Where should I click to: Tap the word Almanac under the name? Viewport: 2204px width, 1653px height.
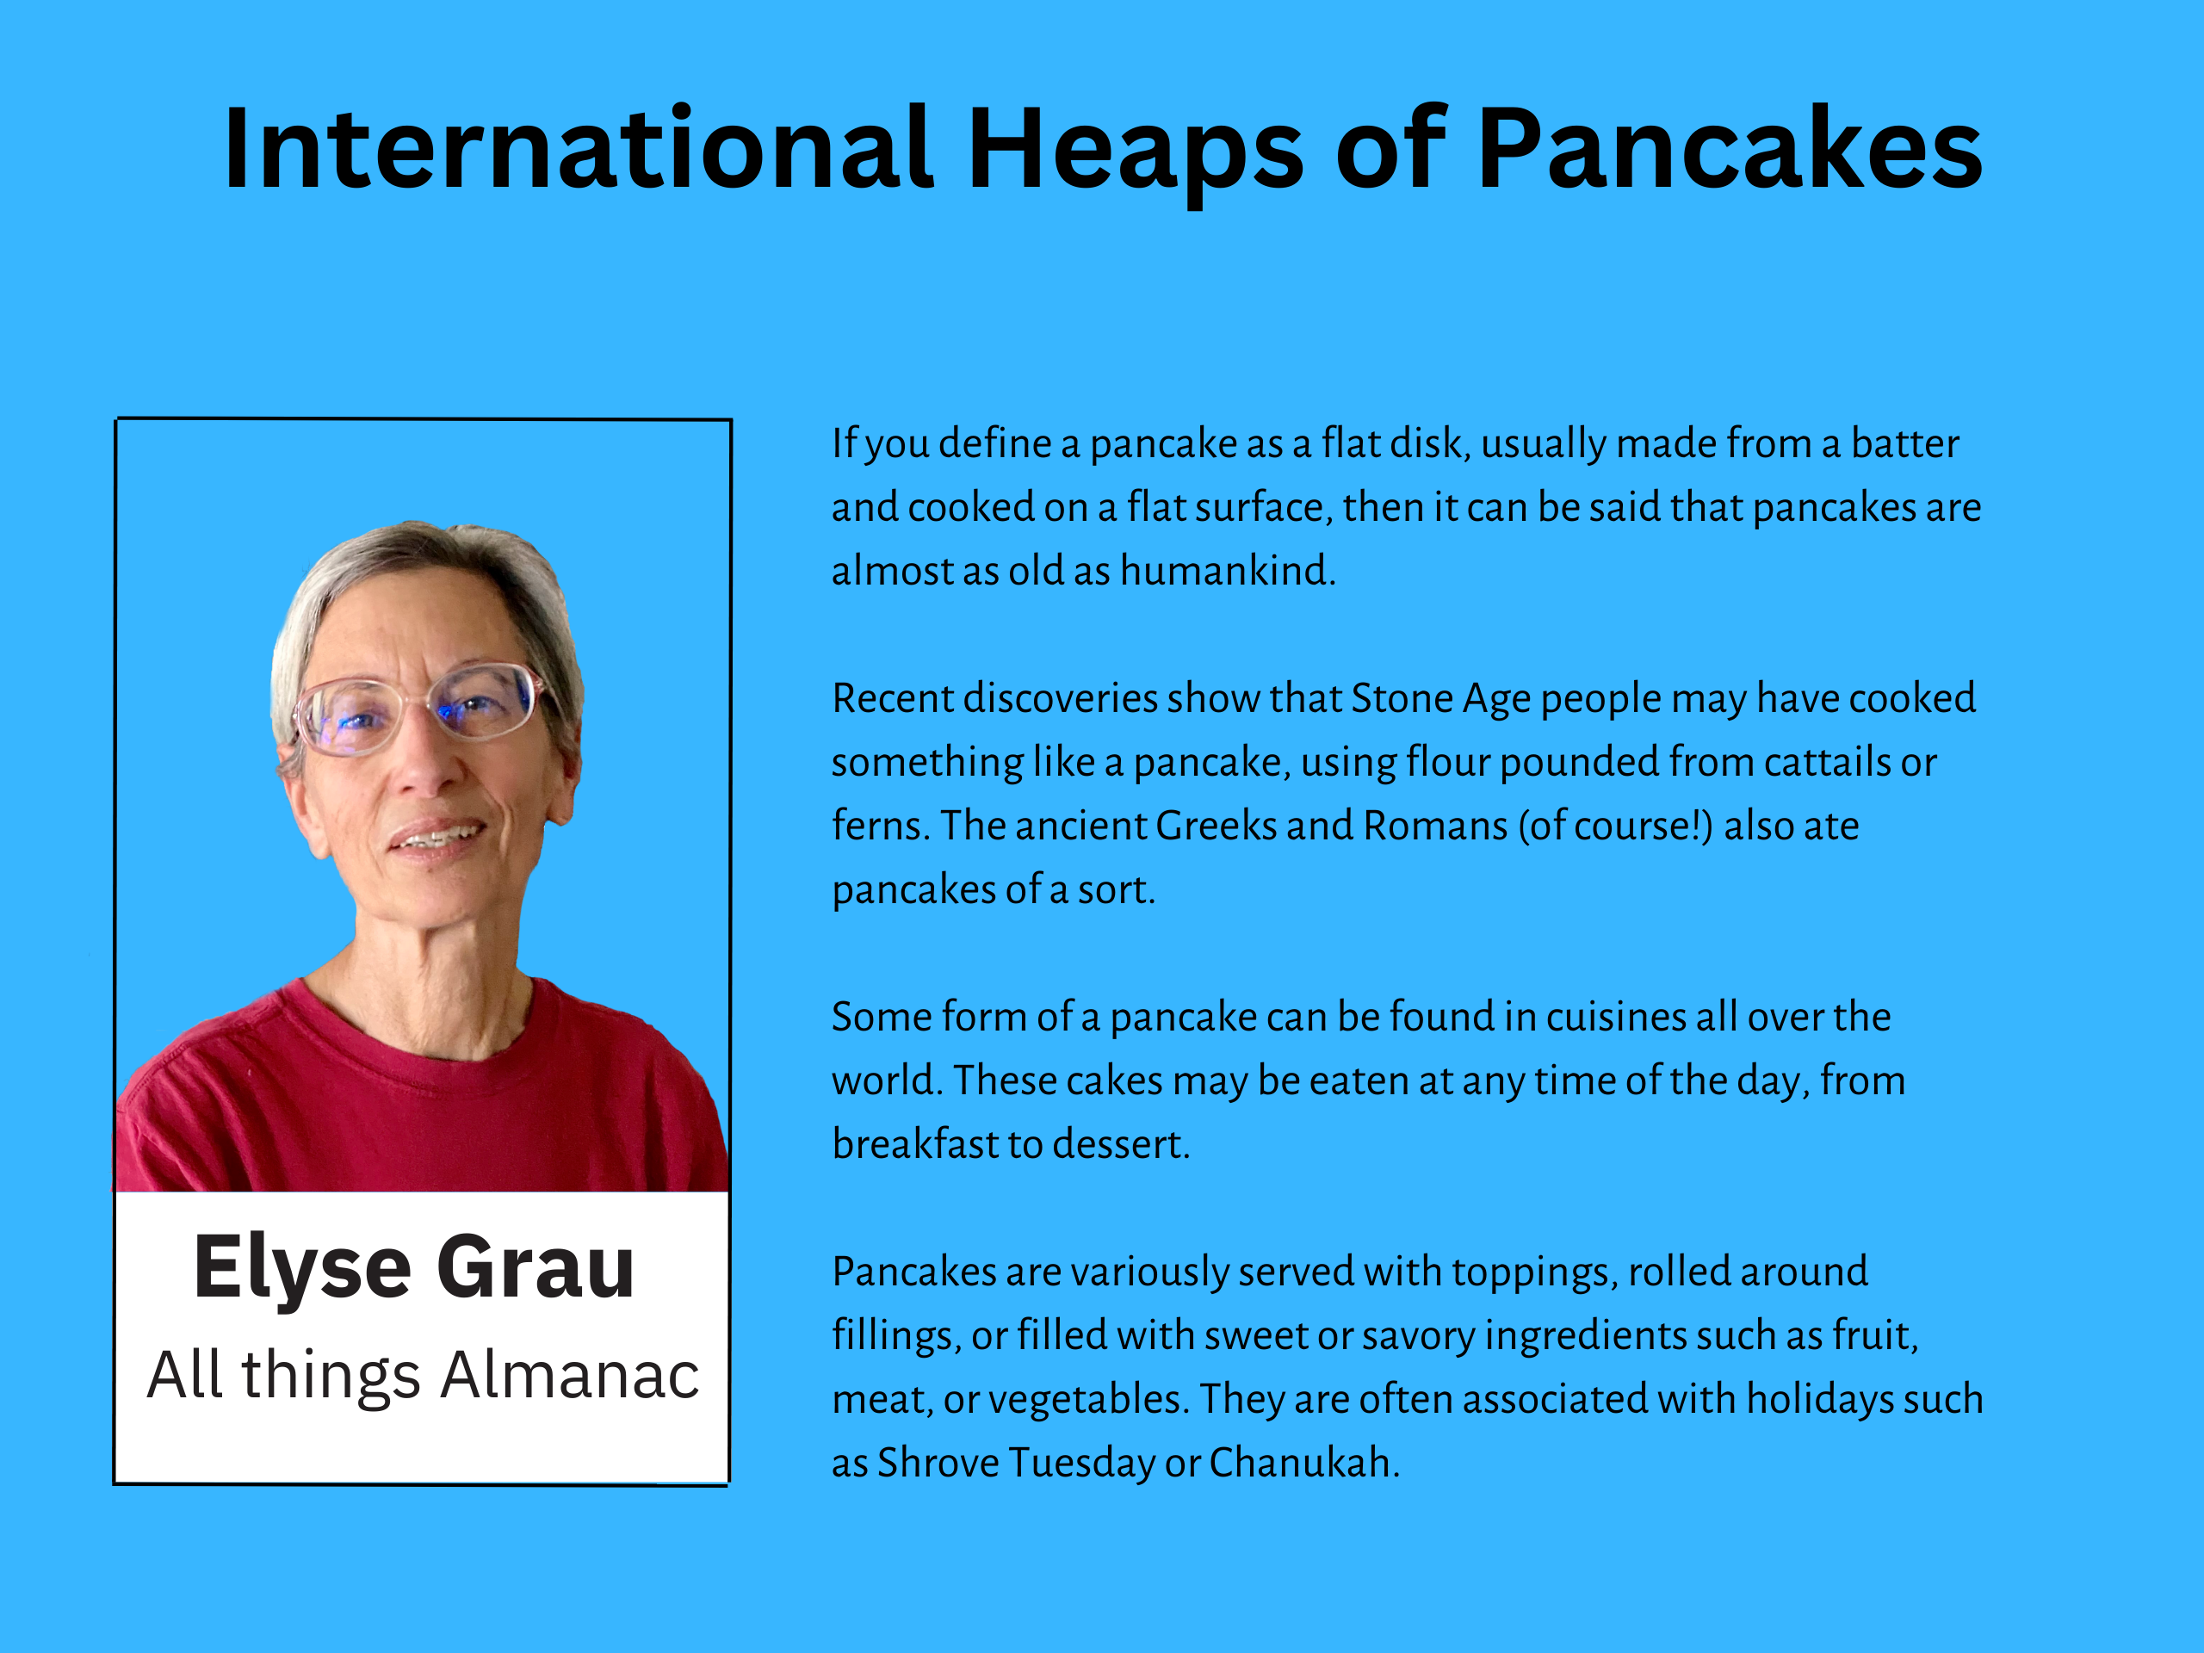pyautogui.click(x=570, y=1375)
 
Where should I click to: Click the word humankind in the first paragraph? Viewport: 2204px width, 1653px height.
pyautogui.click(x=1228, y=571)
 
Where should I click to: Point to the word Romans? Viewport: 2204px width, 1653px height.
pyautogui.click(x=1435, y=826)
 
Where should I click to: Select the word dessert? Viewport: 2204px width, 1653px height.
pyautogui.click(x=1121, y=1145)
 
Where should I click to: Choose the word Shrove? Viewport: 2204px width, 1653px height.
pyautogui.click(x=937, y=1463)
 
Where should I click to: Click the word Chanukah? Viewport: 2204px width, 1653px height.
pyautogui.click(x=1304, y=1463)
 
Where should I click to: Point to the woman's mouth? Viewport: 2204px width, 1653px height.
pyautogui.click(x=436, y=836)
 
